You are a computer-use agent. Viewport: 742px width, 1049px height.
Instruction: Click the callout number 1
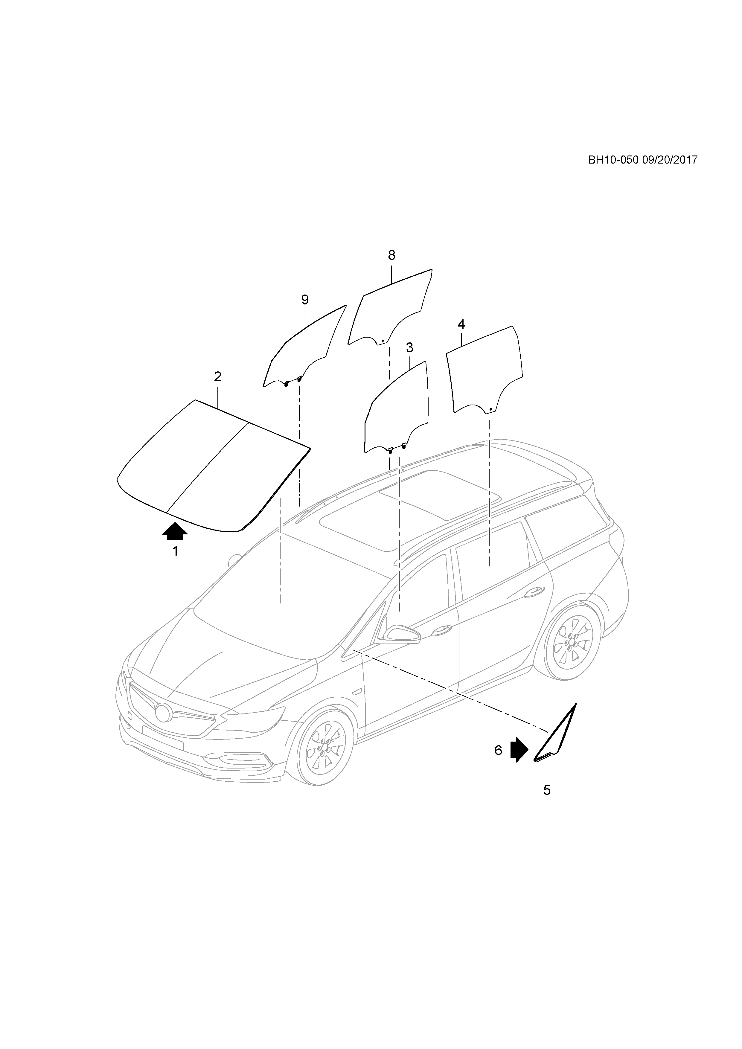click(175, 551)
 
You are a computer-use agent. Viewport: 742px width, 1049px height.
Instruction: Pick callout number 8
click(391, 255)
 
